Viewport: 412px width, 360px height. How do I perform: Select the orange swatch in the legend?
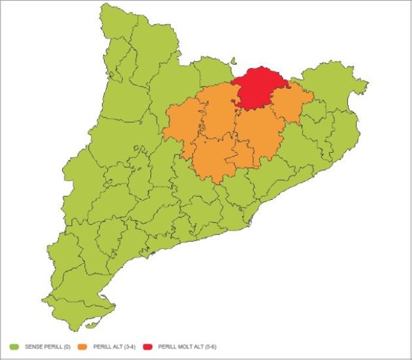[x=82, y=346]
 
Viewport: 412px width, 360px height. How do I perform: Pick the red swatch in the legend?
[x=148, y=346]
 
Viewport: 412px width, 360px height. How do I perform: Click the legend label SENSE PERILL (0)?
[x=47, y=346]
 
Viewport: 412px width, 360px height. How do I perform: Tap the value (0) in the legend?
[x=66, y=346]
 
